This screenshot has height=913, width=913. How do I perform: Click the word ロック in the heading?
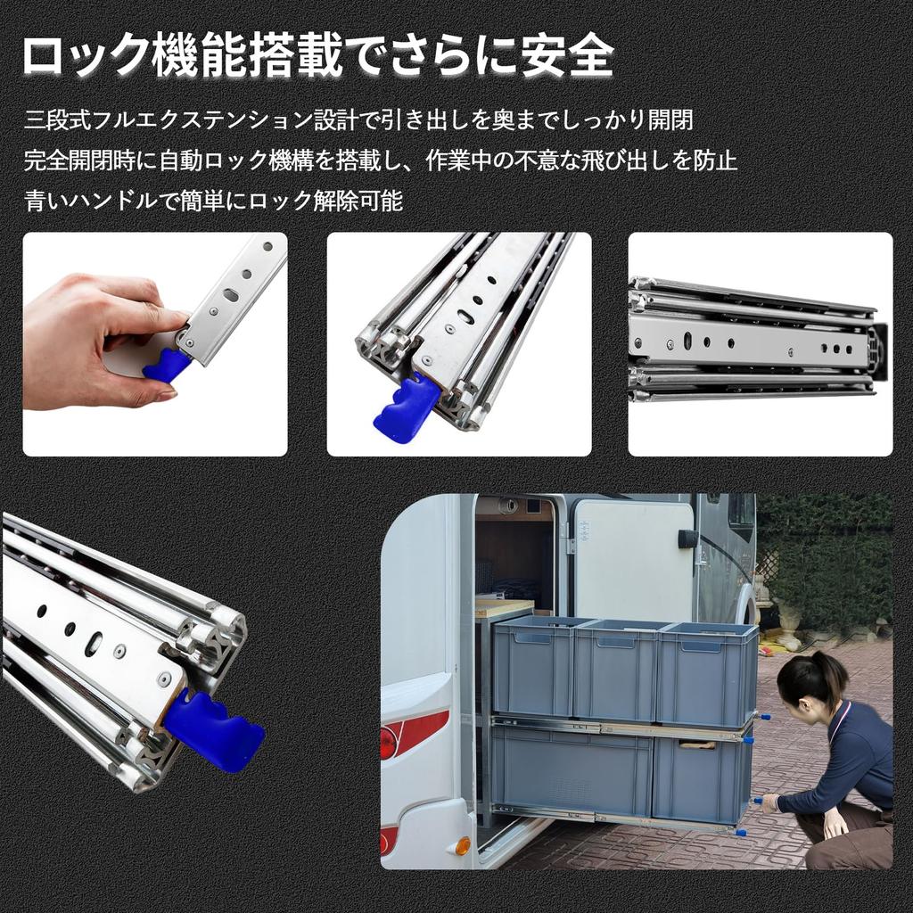pos(85,57)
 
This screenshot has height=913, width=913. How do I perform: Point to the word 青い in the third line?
pos(46,201)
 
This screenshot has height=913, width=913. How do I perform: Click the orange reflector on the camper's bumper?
pos(463,845)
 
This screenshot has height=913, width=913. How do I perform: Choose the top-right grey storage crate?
pos(707,672)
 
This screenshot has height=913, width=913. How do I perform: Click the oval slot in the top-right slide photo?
pos(688,340)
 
